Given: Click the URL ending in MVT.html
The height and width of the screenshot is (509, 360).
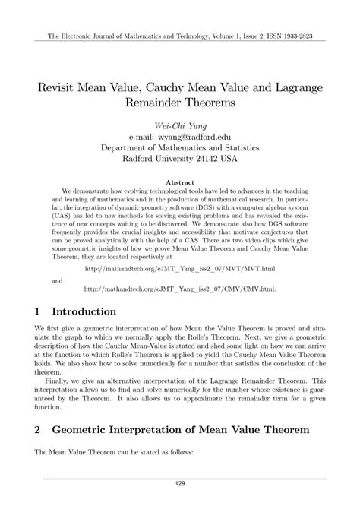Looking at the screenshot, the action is (179, 248).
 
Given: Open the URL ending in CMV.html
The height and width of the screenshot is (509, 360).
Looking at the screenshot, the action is (179, 267).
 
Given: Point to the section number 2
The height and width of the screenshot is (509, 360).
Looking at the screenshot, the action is (36, 429).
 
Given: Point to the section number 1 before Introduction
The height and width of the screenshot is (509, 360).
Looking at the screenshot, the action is (36, 290).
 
